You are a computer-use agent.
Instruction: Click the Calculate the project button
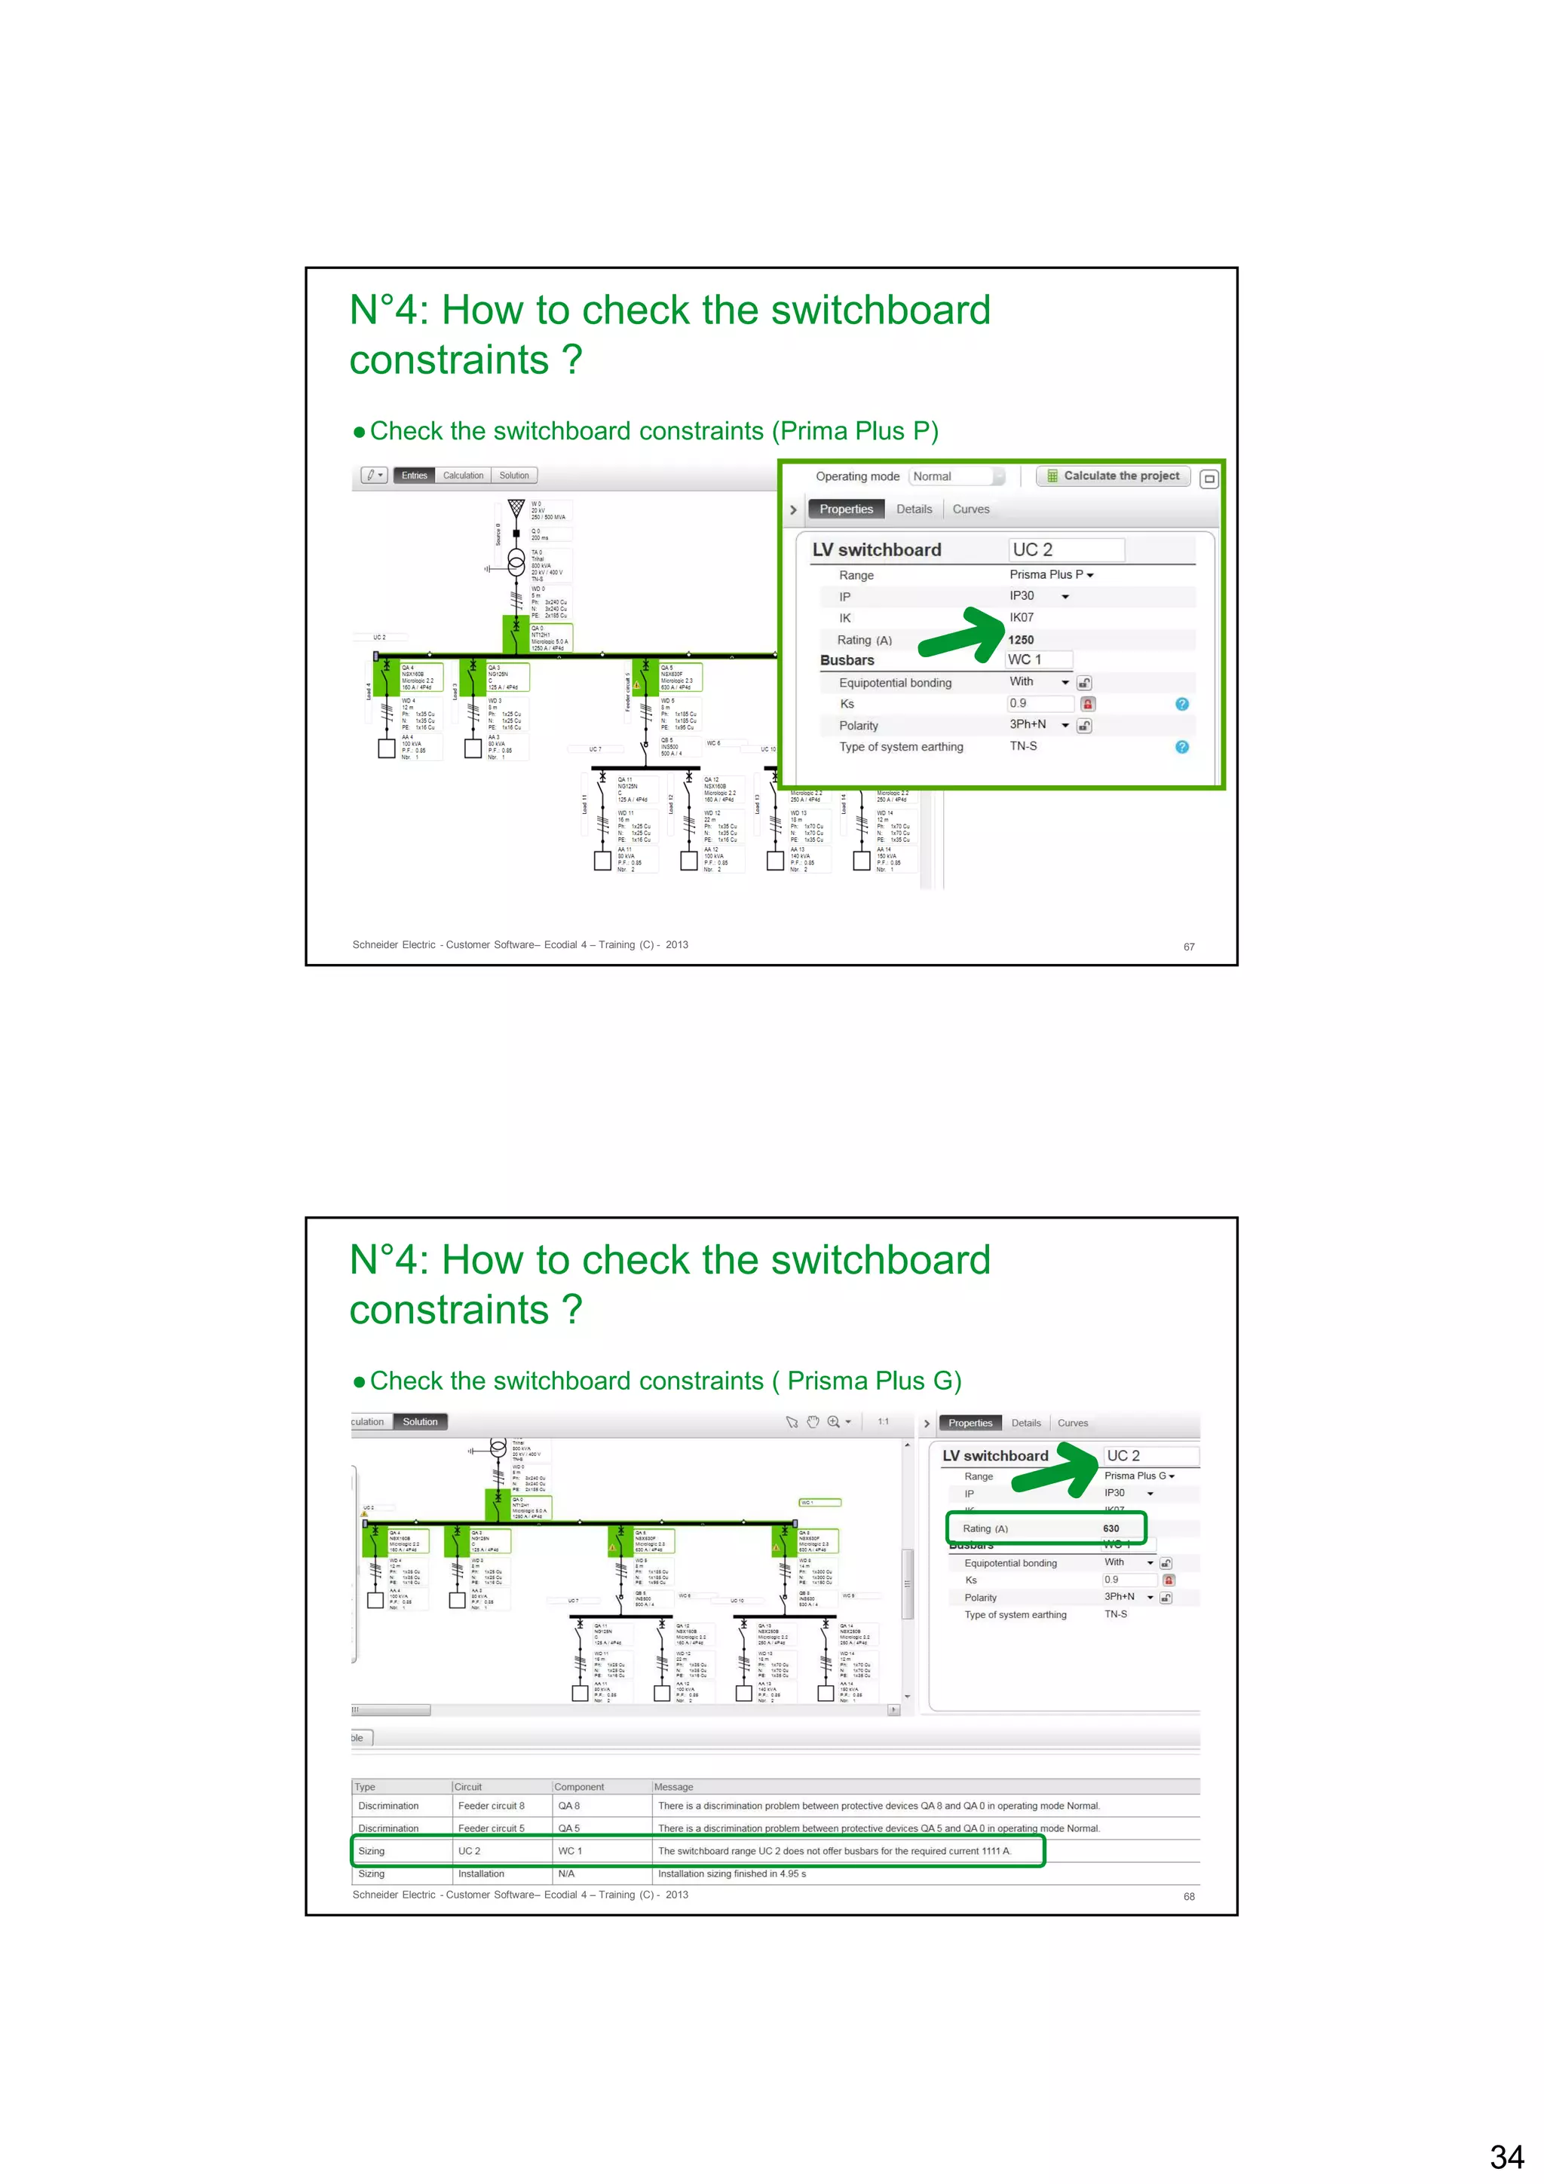click(x=1113, y=476)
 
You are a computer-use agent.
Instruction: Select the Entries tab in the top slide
click(x=414, y=476)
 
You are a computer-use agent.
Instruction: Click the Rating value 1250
click(x=1021, y=640)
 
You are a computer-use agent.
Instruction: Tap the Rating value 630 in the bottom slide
click(x=1111, y=1528)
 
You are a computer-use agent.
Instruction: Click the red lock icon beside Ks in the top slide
click(x=1087, y=704)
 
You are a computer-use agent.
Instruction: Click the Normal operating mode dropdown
click(x=956, y=476)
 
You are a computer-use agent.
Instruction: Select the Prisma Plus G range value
click(x=1138, y=1476)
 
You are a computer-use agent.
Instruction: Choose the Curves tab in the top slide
click(x=970, y=509)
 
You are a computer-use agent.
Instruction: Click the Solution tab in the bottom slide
click(x=419, y=1422)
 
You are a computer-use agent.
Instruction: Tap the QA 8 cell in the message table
click(x=569, y=1806)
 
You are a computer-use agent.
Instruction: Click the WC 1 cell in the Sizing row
click(x=570, y=1851)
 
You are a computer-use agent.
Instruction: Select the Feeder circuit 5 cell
click(x=491, y=1828)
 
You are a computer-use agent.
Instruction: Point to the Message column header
click(x=673, y=1788)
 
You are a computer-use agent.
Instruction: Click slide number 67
click(x=1188, y=947)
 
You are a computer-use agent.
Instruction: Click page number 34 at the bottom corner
click(x=1506, y=2156)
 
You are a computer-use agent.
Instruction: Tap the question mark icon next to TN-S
click(x=1181, y=747)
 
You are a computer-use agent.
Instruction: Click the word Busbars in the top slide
click(x=847, y=660)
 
